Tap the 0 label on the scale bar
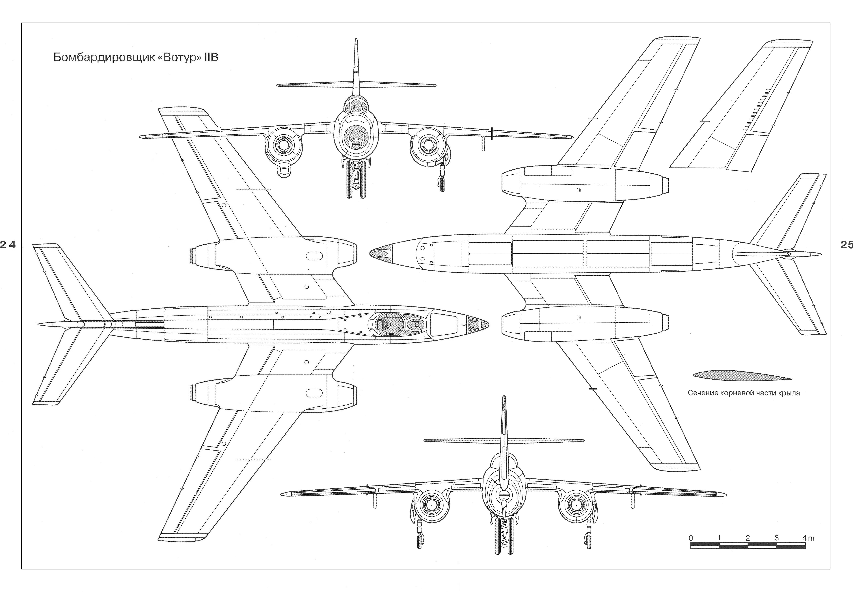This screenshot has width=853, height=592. [691, 538]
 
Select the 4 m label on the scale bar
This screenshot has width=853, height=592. [808, 538]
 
